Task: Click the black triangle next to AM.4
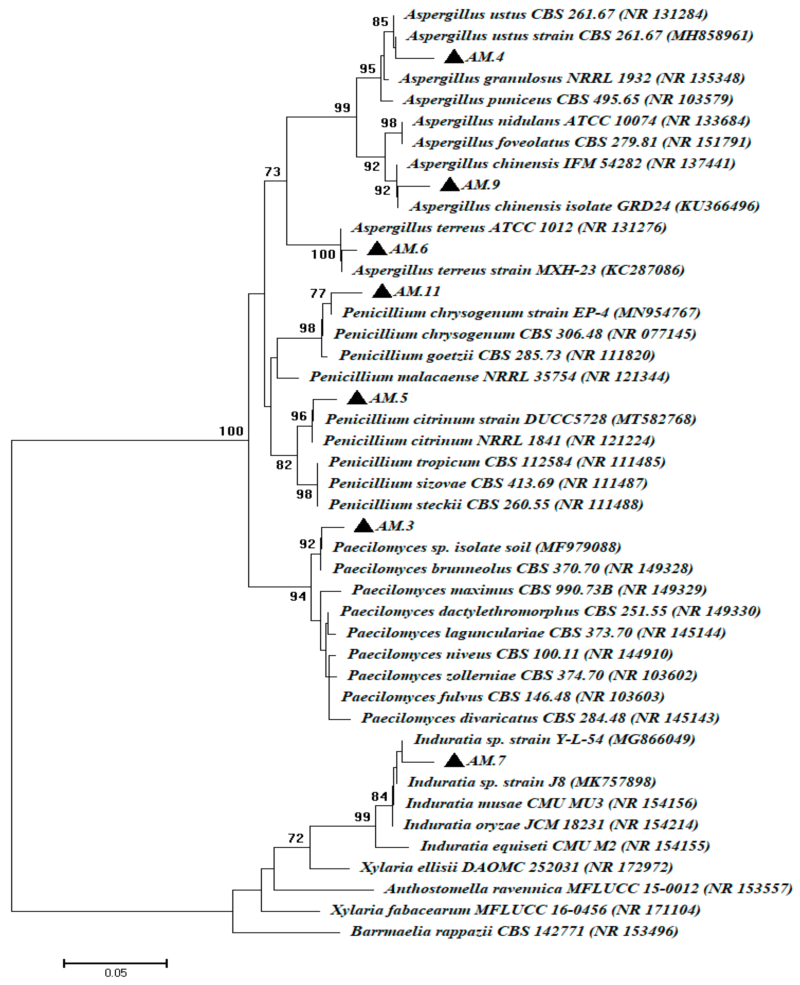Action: point(454,57)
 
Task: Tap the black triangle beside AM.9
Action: point(450,185)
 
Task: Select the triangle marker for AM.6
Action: point(377,249)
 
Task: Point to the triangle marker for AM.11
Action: point(382,291)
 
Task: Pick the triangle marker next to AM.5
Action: point(357,398)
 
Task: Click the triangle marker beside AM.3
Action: point(364,526)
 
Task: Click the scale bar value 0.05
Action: point(115,973)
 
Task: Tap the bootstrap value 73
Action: point(272,172)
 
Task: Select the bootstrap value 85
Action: point(380,22)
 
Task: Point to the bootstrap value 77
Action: point(318,293)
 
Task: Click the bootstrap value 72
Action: point(296,838)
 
